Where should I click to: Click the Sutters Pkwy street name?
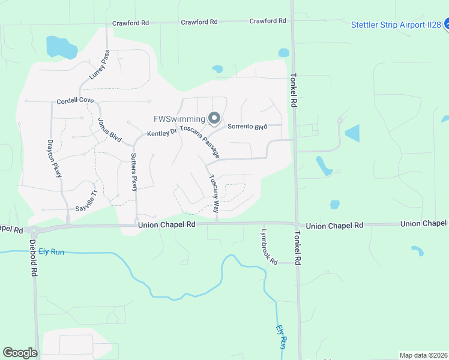click(134, 172)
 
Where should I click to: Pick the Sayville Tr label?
click(86, 202)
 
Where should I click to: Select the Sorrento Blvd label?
click(247, 127)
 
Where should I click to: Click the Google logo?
click(20, 353)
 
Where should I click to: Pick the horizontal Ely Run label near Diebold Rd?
click(51, 252)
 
